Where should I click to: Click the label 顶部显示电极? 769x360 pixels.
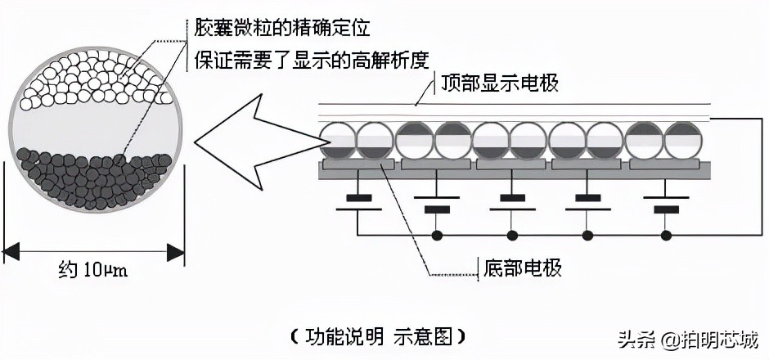coord(499,83)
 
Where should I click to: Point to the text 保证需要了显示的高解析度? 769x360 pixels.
coord(312,59)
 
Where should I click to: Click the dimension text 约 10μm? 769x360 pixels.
coord(93,269)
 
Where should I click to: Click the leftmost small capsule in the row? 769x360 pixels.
coord(337,141)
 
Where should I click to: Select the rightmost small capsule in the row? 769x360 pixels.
coord(683,141)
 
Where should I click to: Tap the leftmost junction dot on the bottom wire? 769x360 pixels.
coord(436,236)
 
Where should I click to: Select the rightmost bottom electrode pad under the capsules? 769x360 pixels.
coord(664,164)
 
